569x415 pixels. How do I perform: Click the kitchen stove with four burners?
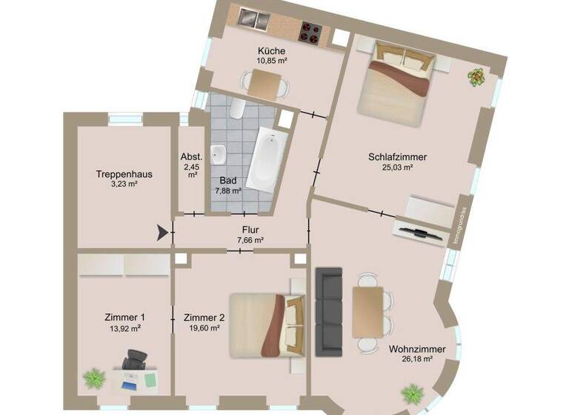point(310,33)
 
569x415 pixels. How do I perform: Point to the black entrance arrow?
point(162,234)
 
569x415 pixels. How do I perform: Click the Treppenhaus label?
point(124,174)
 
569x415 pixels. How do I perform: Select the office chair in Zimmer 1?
point(134,359)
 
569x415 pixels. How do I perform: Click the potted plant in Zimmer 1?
point(94,379)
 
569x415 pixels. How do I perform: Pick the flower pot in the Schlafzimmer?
point(475,76)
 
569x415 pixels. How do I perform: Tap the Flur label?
point(250,230)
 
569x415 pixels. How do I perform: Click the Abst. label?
point(190,157)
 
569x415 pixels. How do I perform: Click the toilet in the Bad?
point(236,110)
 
